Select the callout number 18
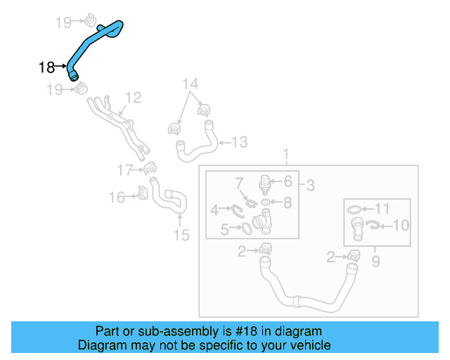47,67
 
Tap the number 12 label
134,98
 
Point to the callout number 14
191,85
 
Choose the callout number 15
181,235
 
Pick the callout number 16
117,198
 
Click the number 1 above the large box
285,154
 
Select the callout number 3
310,186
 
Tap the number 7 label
239,183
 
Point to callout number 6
288,181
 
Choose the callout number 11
381,208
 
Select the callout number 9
375,262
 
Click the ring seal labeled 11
356,209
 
